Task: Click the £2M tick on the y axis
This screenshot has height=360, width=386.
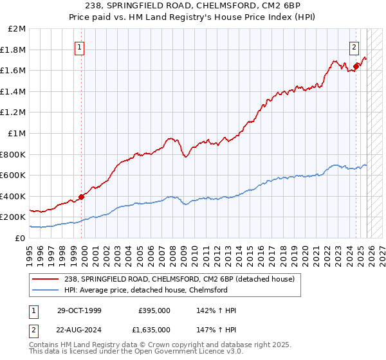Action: point(17,29)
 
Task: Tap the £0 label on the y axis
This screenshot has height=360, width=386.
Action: point(21,238)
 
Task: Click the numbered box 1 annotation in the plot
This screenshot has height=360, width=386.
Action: point(79,46)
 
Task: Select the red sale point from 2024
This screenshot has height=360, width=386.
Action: point(356,66)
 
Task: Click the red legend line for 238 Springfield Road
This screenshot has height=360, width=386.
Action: point(44,279)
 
